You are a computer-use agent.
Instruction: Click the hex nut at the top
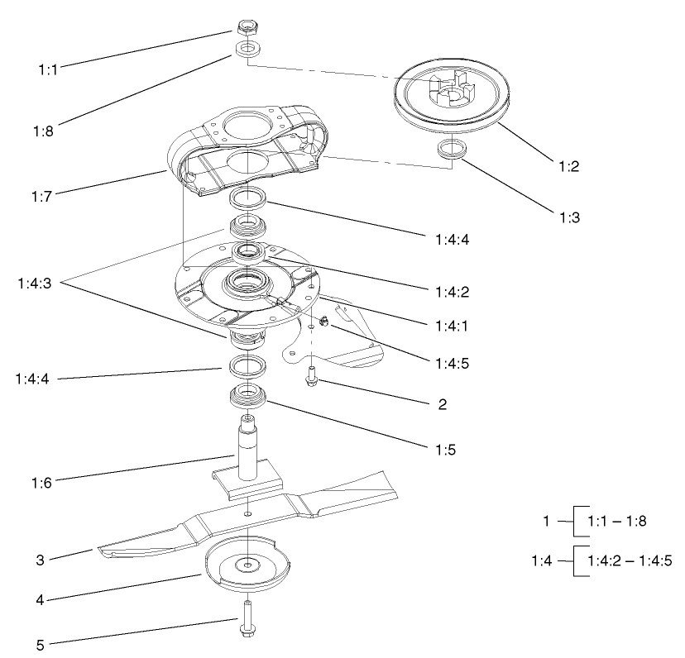(245, 27)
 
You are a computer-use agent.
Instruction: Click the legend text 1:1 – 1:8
(616, 522)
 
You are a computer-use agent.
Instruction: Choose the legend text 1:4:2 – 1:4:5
(628, 560)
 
